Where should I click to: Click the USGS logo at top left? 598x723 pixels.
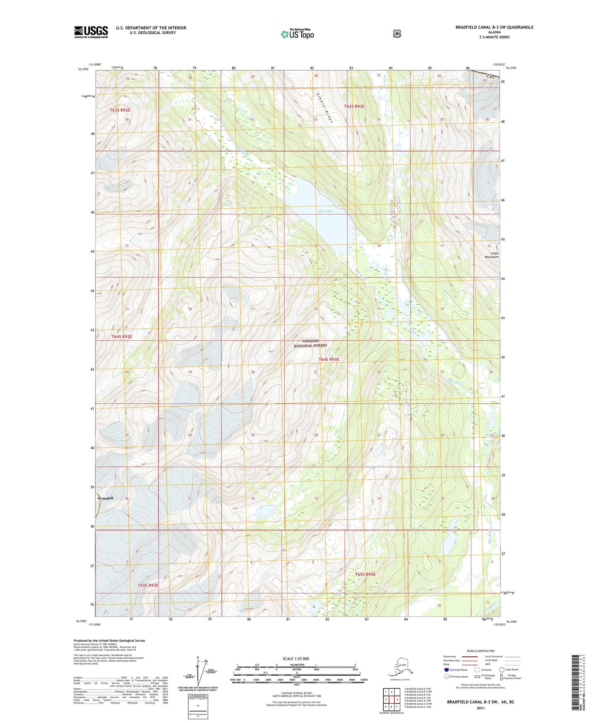click(91, 32)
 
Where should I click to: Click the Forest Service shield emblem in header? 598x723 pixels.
click(397, 34)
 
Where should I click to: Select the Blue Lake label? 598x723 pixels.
click(325, 211)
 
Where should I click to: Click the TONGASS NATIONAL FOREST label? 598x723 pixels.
click(310, 343)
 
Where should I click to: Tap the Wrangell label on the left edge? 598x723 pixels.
click(105, 498)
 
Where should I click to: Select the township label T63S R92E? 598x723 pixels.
click(120, 110)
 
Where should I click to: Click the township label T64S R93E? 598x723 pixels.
click(329, 359)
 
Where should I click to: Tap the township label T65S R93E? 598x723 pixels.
click(148, 585)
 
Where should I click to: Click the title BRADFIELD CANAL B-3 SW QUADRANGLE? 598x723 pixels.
click(494, 27)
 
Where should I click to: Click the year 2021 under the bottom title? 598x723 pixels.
click(480, 708)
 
